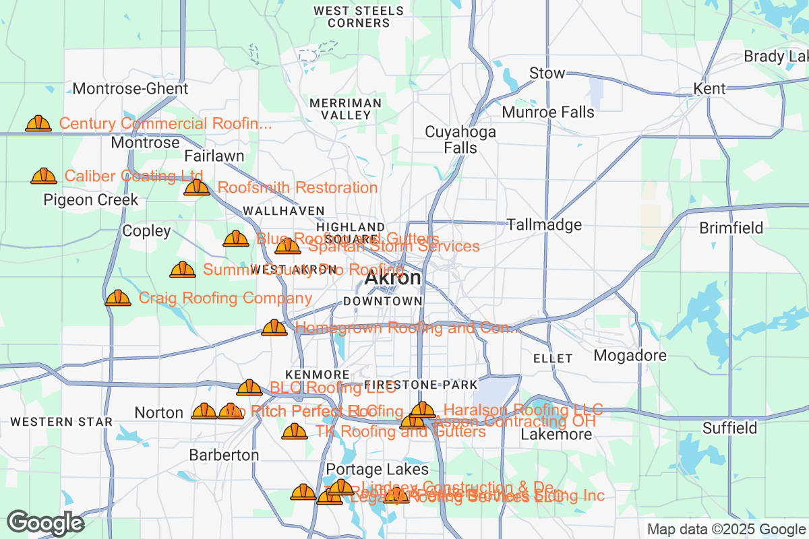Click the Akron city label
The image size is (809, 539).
click(x=393, y=278)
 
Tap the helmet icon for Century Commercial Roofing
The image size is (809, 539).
click(x=38, y=123)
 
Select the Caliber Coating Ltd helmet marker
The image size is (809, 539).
click(x=44, y=176)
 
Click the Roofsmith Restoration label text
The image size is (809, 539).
click(x=297, y=187)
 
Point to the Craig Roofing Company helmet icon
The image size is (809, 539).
click(x=118, y=298)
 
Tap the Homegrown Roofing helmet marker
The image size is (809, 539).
click(x=274, y=328)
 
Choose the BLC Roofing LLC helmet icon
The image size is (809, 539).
click(x=249, y=388)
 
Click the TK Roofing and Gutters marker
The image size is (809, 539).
click(x=295, y=431)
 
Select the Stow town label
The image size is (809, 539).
click(x=547, y=73)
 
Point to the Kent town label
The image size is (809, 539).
click(x=710, y=88)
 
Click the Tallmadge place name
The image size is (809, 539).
click(x=544, y=224)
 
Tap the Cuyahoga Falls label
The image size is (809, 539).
click(x=460, y=139)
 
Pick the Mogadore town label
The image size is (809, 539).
click(x=630, y=355)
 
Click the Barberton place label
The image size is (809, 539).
click(x=224, y=455)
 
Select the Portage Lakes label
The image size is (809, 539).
click(x=377, y=469)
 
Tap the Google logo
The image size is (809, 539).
click(x=46, y=523)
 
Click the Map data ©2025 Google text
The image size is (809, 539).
click(x=726, y=529)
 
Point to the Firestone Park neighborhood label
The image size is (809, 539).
click(x=421, y=385)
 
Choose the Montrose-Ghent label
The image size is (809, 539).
click(x=130, y=88)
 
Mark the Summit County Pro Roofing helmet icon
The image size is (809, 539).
click(x=183, y=270)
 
